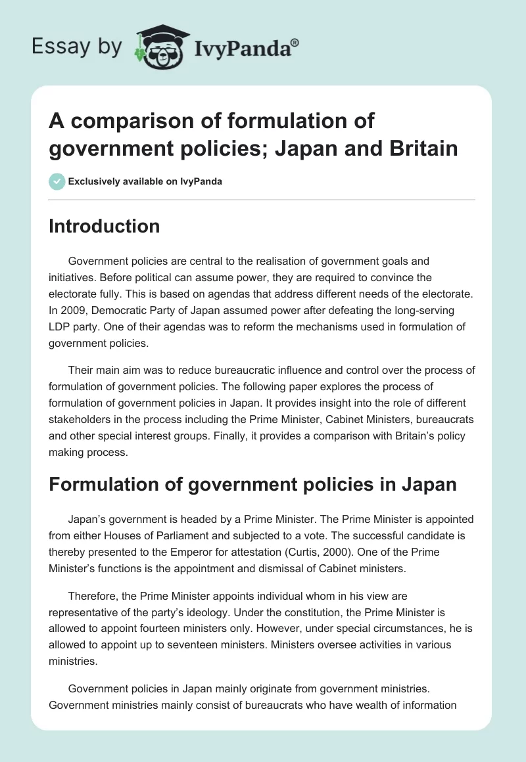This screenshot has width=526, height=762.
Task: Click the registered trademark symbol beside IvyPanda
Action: pyautogui.click(x=295, y=43)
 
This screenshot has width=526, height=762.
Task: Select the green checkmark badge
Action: pyautogui.click(x=57, y=181)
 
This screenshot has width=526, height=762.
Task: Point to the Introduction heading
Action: pyautogui.click(x=105, y=227)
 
